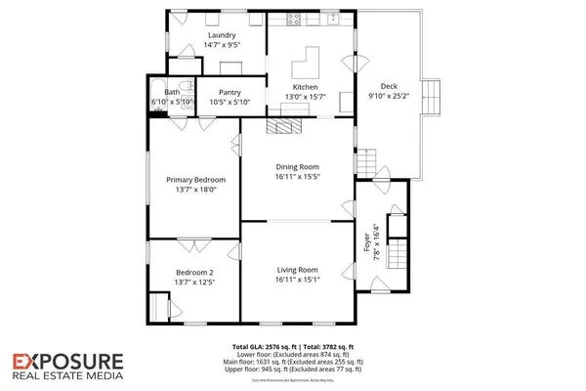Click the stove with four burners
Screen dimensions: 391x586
click(290, 21)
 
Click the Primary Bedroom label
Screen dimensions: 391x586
click(195, 180)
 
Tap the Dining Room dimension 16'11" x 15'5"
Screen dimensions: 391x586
click(297, 179)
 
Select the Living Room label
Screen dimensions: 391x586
click(297, 270)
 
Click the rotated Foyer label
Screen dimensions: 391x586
click(366, 243)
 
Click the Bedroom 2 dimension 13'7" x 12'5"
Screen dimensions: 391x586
click(195, 282)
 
